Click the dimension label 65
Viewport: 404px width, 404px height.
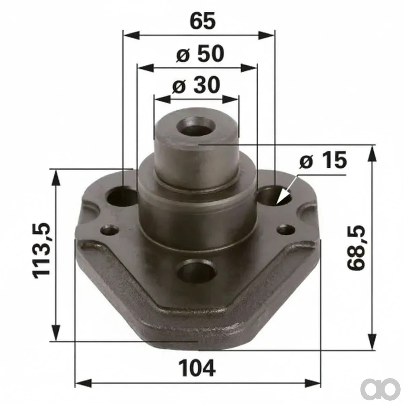click(x=203, y=21)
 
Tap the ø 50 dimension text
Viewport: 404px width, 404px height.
click(x=200, y=54)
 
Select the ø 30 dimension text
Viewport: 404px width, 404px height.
click(x=196, y=85)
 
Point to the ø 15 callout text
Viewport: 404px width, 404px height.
click(x=323, y=160)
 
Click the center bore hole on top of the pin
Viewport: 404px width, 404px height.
click(x=196, y=127)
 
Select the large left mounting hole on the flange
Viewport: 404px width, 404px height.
click(x=122, y=196)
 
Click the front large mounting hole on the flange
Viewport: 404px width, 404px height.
click(x=196, y=271)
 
